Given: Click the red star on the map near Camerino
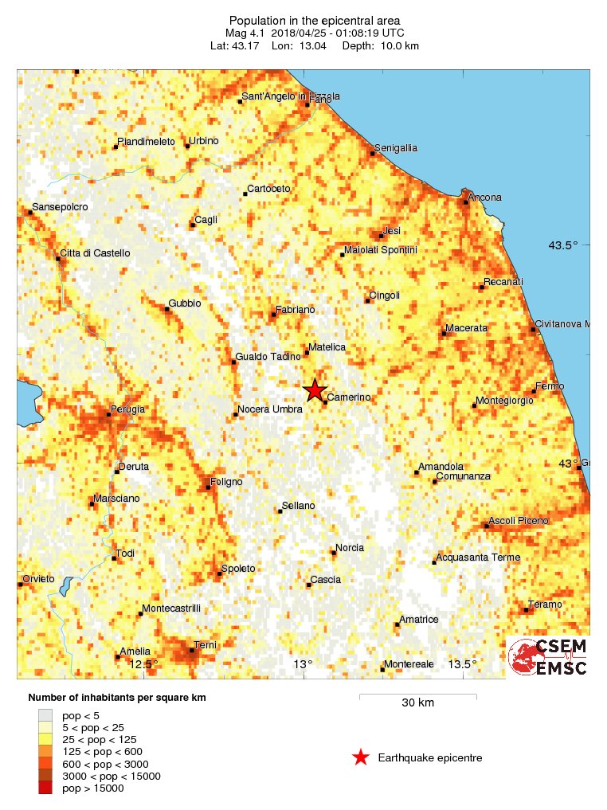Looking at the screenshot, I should click(x=315, y=390).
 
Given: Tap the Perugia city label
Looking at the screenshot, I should click(x=127, y=409).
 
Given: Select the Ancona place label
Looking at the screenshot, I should click(x=485, y=198).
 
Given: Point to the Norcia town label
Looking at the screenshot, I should click(x=350, y=548).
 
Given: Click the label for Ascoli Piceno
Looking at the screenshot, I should click(x=519, y=521).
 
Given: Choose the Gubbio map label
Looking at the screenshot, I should click(x=185, y=304).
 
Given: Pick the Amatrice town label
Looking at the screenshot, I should click(x=419, y=620).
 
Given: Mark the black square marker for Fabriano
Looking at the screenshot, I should click(x=274, y=315).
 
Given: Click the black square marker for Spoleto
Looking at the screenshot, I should click(x=220, y=573).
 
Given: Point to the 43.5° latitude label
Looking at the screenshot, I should click(x=562, y=245).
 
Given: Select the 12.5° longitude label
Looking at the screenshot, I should click(x=144, y=664).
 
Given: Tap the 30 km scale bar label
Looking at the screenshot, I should click(x=417, y=703).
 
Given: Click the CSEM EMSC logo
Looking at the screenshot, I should click(x=548, y=657).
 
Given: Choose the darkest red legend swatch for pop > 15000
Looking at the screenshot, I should click(x=45, y=788).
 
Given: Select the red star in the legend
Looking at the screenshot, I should click(x=361, y=757).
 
